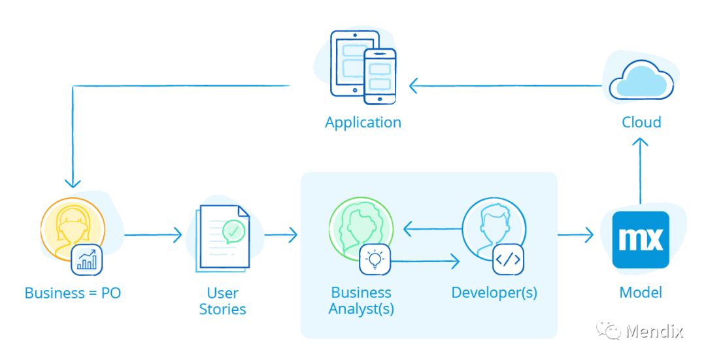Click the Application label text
tap(363, 122)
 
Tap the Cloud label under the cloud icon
tap(641, 122)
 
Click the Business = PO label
tap(73, 293)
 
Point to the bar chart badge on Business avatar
tap(87, 259)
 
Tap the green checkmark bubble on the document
tap(233, 231)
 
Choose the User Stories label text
tap(222, 301)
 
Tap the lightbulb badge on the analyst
tap(375, 259)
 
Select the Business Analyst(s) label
tap(361, 301)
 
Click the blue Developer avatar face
tap(494, 225)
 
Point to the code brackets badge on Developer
tap(508, 259)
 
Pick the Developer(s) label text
tap(494, 293)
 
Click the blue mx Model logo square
tap(641, 239)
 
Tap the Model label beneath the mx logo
tap(641, 293)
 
